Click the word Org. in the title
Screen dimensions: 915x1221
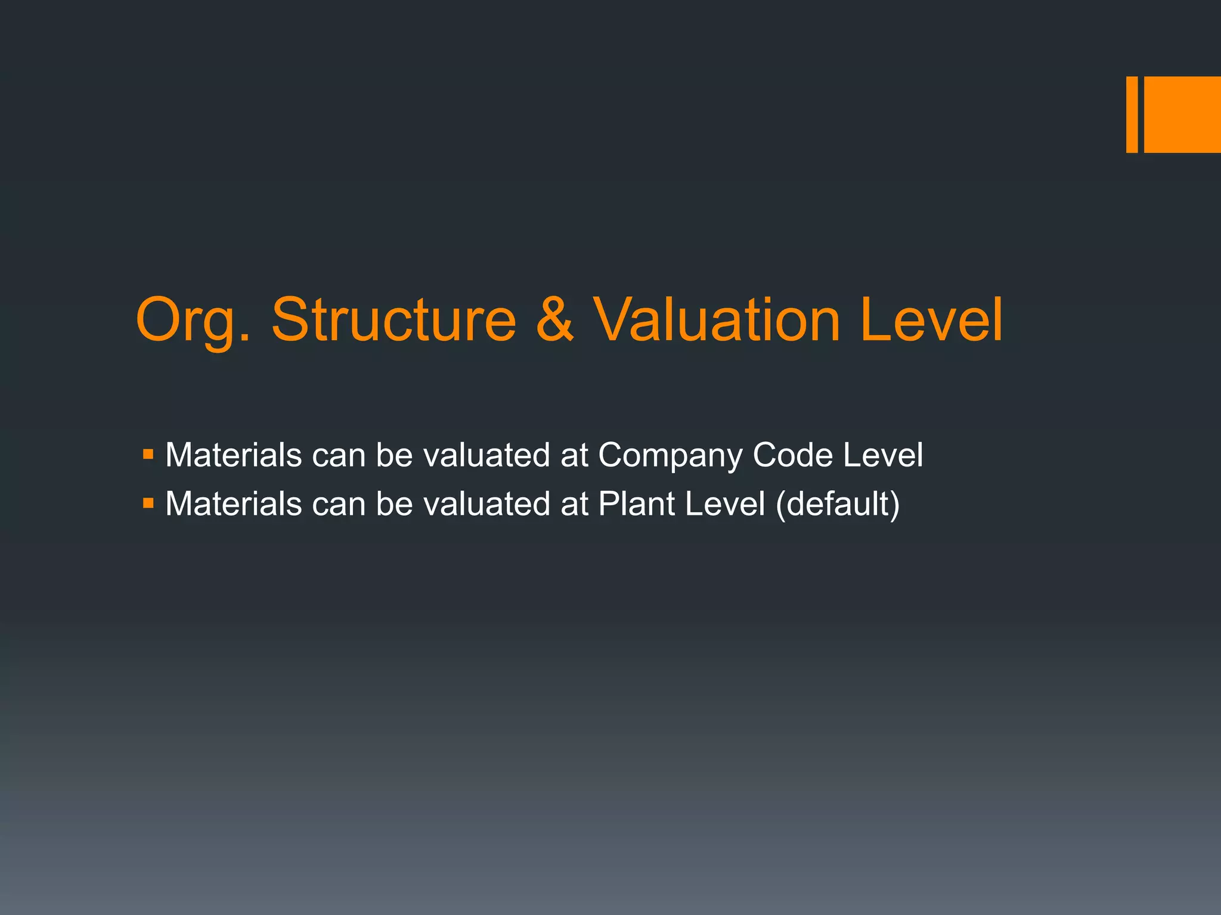[193, 322]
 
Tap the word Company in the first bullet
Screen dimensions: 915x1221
[670, 456]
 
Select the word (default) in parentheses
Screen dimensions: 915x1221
[838, 505]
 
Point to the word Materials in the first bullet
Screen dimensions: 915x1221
[234, 455]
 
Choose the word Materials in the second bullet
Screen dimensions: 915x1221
[234, 504]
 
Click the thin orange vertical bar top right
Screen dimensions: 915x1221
[1132, 114]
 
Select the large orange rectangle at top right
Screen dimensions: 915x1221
[1182, 114]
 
